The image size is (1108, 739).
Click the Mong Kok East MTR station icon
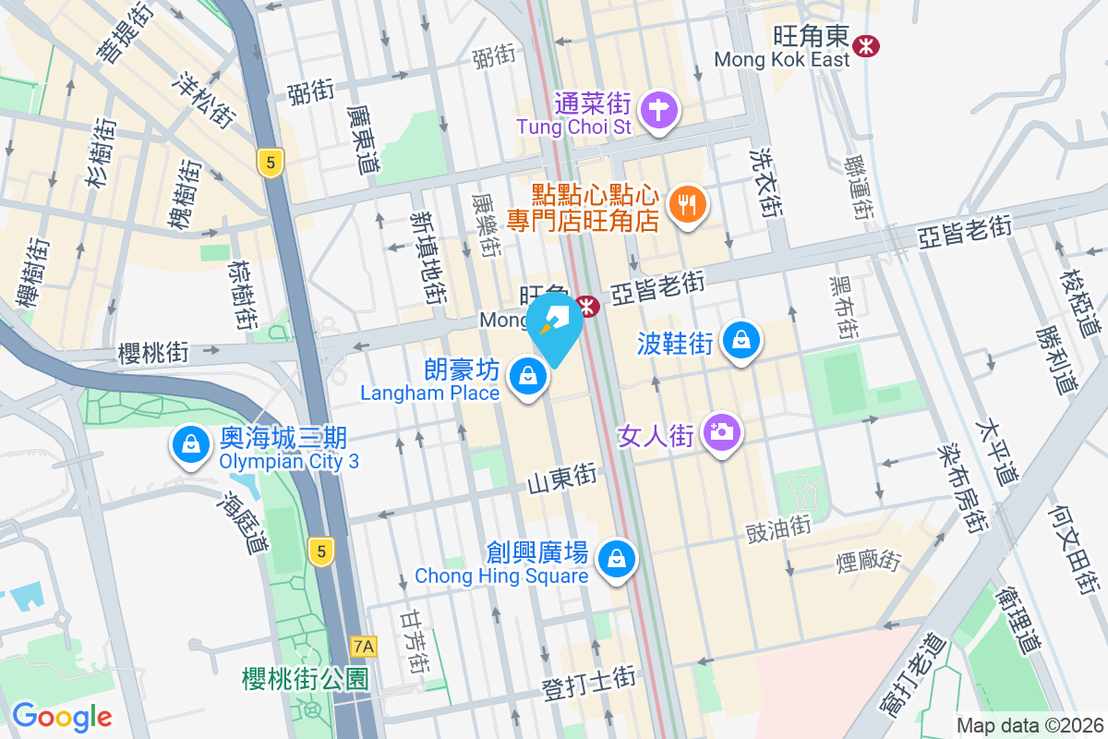click(x=866, y=44)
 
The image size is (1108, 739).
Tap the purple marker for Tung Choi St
click(x=660, y=110)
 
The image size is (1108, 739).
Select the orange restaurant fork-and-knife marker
click(x=686, y=203)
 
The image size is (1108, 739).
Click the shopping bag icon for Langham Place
click(x=527, y=376)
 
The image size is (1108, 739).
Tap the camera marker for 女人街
click(x=722, y=431)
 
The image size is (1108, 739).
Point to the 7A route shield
click(x=365, y=645)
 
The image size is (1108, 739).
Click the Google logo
click(x=62, y=716)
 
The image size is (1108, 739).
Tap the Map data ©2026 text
click(x=1029, y=725)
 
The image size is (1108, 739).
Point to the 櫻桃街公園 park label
click(x=306, y=680)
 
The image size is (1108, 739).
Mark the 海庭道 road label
click(x=242, y=522)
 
